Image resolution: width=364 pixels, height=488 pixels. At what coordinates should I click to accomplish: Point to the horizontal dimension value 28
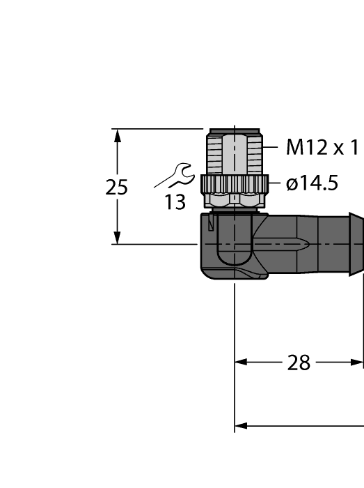(x=299, y=363)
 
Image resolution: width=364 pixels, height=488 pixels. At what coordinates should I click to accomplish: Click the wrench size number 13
(x=175, y=203)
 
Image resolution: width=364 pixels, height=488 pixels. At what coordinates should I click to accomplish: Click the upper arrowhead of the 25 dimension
(x=118, y=135)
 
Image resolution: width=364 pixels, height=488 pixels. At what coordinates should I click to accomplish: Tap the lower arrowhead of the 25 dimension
(x=118, y=237)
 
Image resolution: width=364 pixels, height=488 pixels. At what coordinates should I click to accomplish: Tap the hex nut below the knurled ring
(x=235, y=200)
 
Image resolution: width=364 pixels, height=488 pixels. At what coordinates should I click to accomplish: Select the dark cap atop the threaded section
(x=235, y=130)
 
